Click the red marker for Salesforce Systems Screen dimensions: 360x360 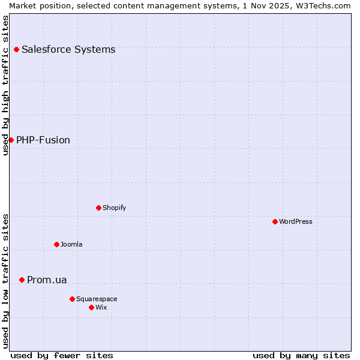point(16,49)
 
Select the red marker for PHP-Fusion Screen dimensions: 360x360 point(11,140)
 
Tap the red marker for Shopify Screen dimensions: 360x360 point(98,208)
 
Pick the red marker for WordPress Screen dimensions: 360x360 point(275,221)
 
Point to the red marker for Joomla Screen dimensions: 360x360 point(56,244)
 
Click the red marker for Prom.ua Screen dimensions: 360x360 point(22,280)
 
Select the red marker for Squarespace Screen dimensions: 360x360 point(72,299)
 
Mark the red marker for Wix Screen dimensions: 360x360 point(91,307)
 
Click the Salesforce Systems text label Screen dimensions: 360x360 point(68,49)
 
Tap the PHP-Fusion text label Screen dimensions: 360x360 point(43,140)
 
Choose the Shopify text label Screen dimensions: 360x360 point(114,208)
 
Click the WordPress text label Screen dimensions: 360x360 point(296,221)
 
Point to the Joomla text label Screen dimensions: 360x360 point(71,244)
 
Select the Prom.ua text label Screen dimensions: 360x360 point(47,280)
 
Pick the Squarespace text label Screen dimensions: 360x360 point(97,299)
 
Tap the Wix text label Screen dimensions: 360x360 point(101,307)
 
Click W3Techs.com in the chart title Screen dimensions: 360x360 point(322,5)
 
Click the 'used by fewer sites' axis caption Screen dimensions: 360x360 point(62,355)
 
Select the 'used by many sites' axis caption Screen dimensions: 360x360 point(301,355)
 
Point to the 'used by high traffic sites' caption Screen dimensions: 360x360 point(5,85)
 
